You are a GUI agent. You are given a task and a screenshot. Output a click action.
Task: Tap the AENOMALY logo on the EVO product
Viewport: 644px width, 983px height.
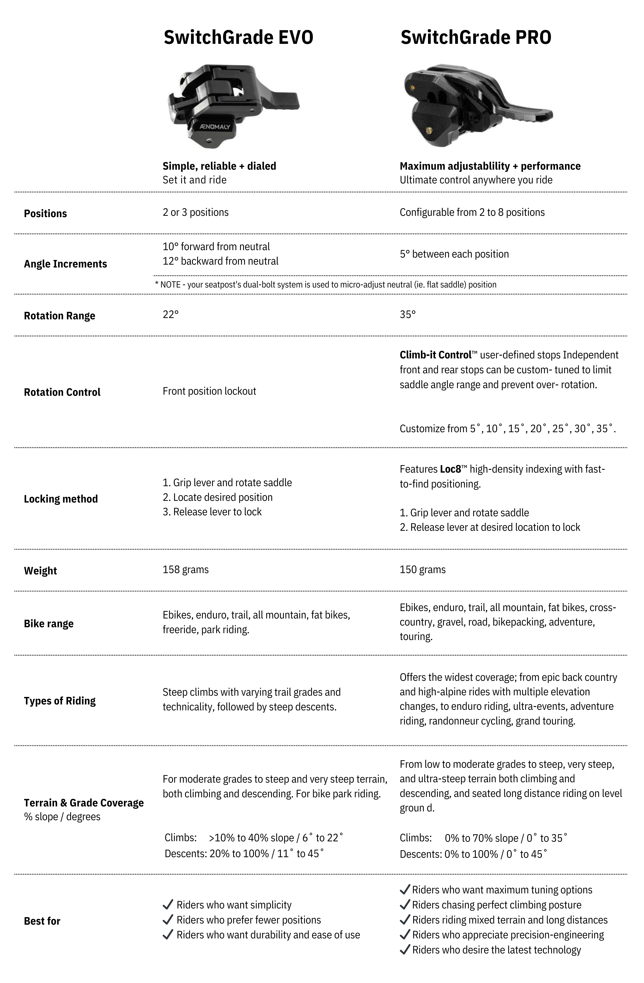point(215,126)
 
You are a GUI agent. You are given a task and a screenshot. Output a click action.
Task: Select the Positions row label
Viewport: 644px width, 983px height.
point(45,214)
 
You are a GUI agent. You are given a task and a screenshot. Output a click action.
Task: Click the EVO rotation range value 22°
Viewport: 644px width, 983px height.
point(171,315)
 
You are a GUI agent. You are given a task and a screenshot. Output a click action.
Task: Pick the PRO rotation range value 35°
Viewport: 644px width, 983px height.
point(408,315)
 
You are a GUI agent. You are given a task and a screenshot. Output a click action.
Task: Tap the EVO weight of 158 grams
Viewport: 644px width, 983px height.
point(186,569)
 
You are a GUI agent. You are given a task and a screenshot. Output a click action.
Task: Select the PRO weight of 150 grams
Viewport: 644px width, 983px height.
point(422,569)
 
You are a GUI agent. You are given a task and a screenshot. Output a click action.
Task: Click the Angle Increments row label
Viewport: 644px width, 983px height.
point(65,264)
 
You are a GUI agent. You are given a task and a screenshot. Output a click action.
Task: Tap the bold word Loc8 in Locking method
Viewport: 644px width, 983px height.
point(450,469)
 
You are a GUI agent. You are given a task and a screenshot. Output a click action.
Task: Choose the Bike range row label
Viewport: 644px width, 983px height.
point(49,624)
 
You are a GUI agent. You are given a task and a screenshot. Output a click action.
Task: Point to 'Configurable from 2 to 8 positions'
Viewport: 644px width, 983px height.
point(472,212)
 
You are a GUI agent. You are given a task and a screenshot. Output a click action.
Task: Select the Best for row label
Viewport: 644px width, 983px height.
point(42,921)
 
